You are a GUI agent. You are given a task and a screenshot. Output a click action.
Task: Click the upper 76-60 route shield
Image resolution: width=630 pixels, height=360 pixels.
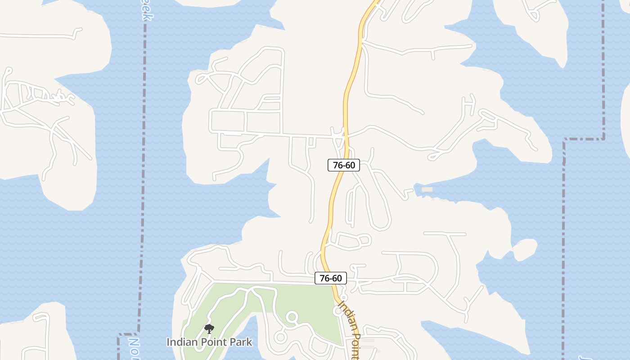point(344,165)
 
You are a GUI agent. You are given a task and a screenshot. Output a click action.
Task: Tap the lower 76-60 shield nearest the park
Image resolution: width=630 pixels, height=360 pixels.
point(331,278)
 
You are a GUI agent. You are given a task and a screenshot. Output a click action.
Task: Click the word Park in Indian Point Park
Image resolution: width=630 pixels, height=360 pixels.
point(239,342)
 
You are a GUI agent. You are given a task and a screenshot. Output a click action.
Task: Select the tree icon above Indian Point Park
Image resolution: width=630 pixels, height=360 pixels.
point(209,329)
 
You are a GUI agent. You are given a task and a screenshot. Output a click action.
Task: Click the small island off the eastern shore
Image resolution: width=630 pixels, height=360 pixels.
point(524,249)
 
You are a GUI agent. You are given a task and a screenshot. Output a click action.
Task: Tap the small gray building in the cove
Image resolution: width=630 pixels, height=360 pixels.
point(427,190)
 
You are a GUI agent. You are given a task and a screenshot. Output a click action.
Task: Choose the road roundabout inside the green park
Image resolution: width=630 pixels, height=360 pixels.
point(292,318)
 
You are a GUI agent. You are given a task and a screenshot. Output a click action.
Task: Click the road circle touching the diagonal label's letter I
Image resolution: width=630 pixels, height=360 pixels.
point(339,311)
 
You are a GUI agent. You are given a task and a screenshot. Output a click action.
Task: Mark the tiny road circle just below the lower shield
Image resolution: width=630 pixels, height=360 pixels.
point(343,297)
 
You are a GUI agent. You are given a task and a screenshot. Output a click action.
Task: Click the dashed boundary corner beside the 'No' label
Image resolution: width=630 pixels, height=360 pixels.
point(120,335)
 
